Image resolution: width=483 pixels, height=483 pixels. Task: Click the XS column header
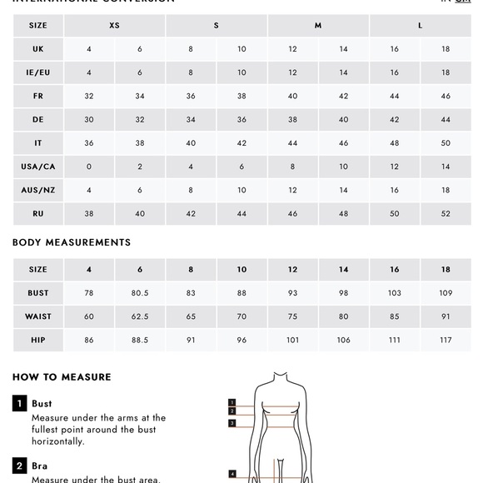point(114,26)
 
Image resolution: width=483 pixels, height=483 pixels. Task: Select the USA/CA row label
point(38,167)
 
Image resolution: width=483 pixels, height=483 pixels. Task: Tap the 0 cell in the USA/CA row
point(89,167)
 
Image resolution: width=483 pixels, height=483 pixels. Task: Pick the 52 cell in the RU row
point(446,214)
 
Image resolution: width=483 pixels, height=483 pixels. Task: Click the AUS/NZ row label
point(38,190)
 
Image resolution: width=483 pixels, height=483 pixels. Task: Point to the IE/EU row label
point(38,72)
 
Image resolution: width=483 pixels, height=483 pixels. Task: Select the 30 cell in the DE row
point(89,120)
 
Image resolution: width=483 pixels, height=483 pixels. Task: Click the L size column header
point(420,26)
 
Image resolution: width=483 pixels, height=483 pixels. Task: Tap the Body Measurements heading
point(72,243)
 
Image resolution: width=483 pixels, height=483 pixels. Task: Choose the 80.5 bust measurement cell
point(140,293)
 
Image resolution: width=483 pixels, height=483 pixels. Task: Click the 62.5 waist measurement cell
point(140,316)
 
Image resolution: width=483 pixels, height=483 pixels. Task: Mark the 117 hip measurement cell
point(446,340)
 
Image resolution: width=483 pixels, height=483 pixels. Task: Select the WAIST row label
point(38,316)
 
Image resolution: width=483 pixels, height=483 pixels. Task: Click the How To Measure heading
point(62,377)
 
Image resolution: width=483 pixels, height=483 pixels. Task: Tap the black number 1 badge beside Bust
point(19,404)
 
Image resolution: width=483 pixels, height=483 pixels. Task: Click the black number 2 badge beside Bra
point(19,466)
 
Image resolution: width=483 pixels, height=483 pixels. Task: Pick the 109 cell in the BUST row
point(446,293)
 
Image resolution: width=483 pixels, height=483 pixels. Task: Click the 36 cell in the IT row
point(89,143)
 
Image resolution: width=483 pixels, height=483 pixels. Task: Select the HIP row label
point(38,340)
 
